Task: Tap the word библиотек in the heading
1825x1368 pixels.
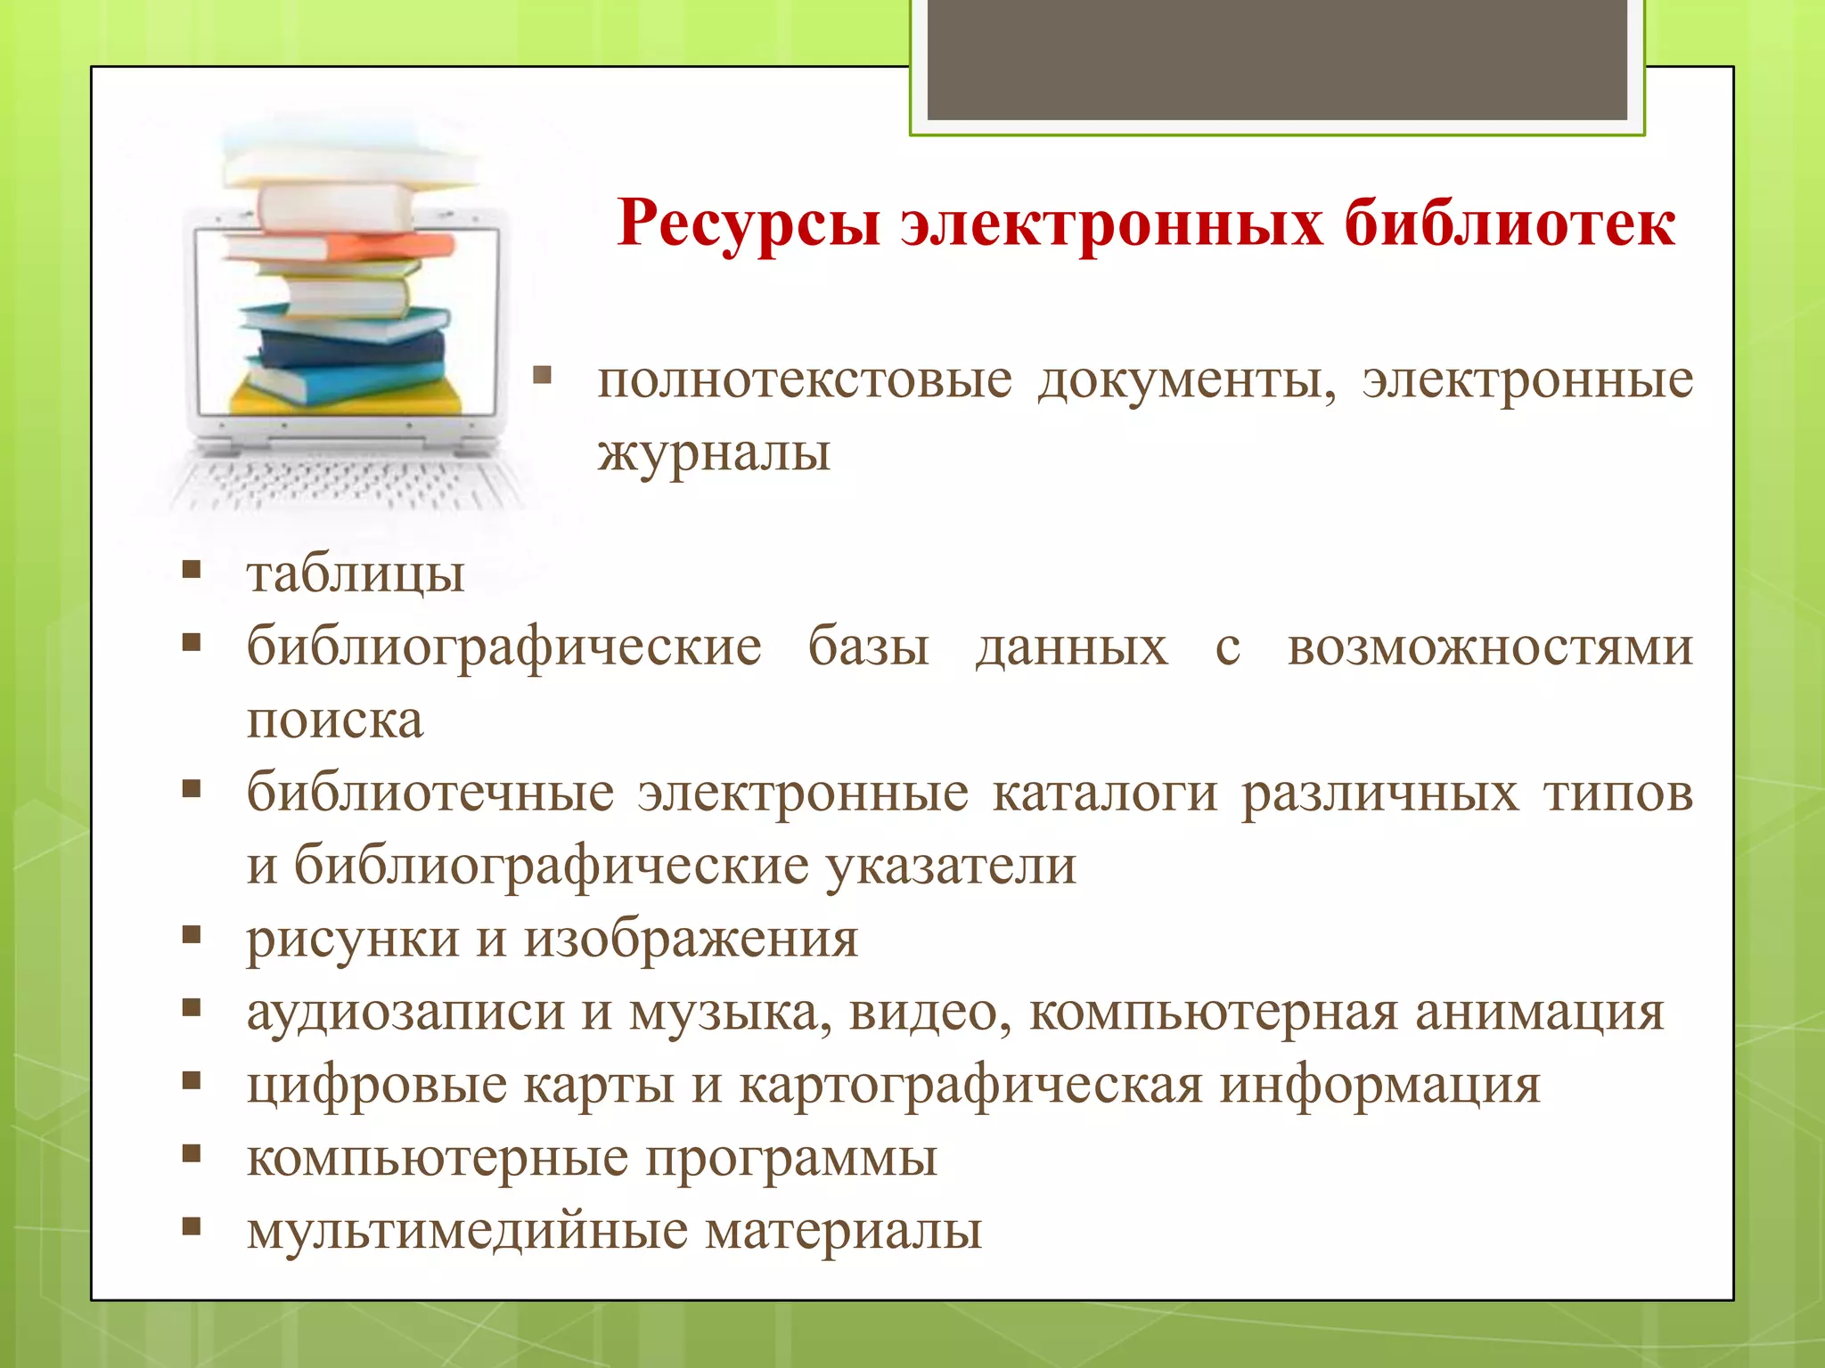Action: click(1510, 223)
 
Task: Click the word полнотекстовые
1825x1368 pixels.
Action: click(805, 381)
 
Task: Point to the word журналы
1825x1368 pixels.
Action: click(714, 452)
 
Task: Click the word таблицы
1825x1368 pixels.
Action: click(356, 574)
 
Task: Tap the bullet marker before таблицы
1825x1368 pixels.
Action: click(191, 570)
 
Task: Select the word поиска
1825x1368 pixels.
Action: click(335, 720)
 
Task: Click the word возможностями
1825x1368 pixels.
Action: click(1489, 647)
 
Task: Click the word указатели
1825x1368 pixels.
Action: click(951, 866)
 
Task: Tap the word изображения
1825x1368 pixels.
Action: click(691, 939)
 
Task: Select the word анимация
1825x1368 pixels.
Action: click(1539, 1012)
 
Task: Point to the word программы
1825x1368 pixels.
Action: click(790, 1158)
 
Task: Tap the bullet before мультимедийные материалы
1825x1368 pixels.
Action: click(191, 1227)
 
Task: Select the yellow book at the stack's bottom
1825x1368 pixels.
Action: click(348, 401)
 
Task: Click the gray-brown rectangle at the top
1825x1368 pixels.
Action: click(1277, 59)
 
